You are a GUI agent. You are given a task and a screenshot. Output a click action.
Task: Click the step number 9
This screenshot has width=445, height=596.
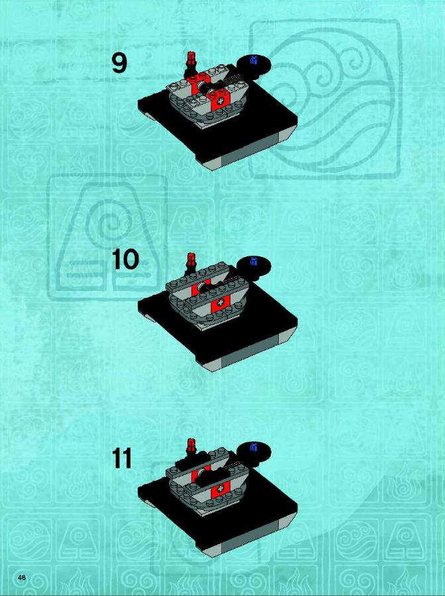[x=119, y=63]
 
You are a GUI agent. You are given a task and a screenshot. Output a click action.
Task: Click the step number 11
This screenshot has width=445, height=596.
[x=122, y=458]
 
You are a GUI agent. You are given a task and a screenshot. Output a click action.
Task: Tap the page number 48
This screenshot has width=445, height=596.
[x=22, y=577]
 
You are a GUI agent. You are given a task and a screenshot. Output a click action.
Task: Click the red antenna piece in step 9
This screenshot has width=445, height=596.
[x=191, y=60]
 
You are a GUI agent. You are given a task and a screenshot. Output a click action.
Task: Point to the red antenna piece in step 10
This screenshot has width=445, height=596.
[x=191, y=262]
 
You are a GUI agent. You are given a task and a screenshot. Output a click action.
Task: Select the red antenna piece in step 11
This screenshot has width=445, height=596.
[x=191, y=446]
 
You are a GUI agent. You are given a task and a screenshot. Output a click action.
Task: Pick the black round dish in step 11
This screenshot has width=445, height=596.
[x=254, y=451]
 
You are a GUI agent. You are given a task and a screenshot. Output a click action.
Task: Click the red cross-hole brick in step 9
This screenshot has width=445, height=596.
[x=220, y=101]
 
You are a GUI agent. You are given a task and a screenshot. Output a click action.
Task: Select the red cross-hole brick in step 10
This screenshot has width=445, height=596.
[x=220, y=303]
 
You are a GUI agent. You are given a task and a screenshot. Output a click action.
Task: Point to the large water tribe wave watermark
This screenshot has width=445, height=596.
[x=325, y=99]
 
